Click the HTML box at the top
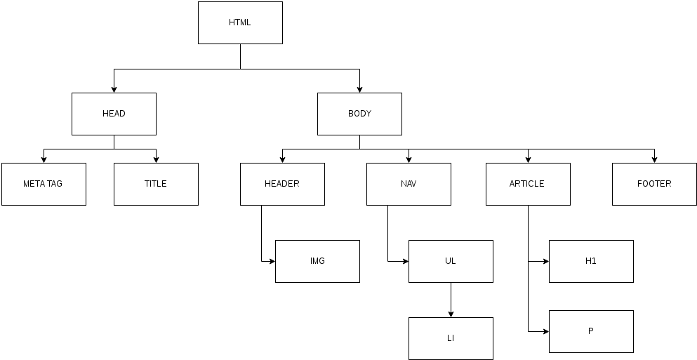[240, 22]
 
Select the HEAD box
[114, 114]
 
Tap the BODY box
[359, 114]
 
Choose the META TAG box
[44, 184]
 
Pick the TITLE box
[156, 184]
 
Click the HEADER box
[282, 184]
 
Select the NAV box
[409, 184]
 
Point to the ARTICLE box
[528, 184]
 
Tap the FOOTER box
[654, 184]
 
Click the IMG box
[317, 261]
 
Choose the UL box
[451, 261]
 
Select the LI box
[451, 338]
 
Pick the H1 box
[591, 261]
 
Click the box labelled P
[591, 331]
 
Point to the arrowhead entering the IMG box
[272, 261]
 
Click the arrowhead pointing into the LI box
[451, 314]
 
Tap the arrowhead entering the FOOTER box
[654, 160]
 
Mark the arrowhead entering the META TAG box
[44, 160]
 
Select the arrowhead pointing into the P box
[546, 331]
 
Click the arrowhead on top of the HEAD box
[114, 90]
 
